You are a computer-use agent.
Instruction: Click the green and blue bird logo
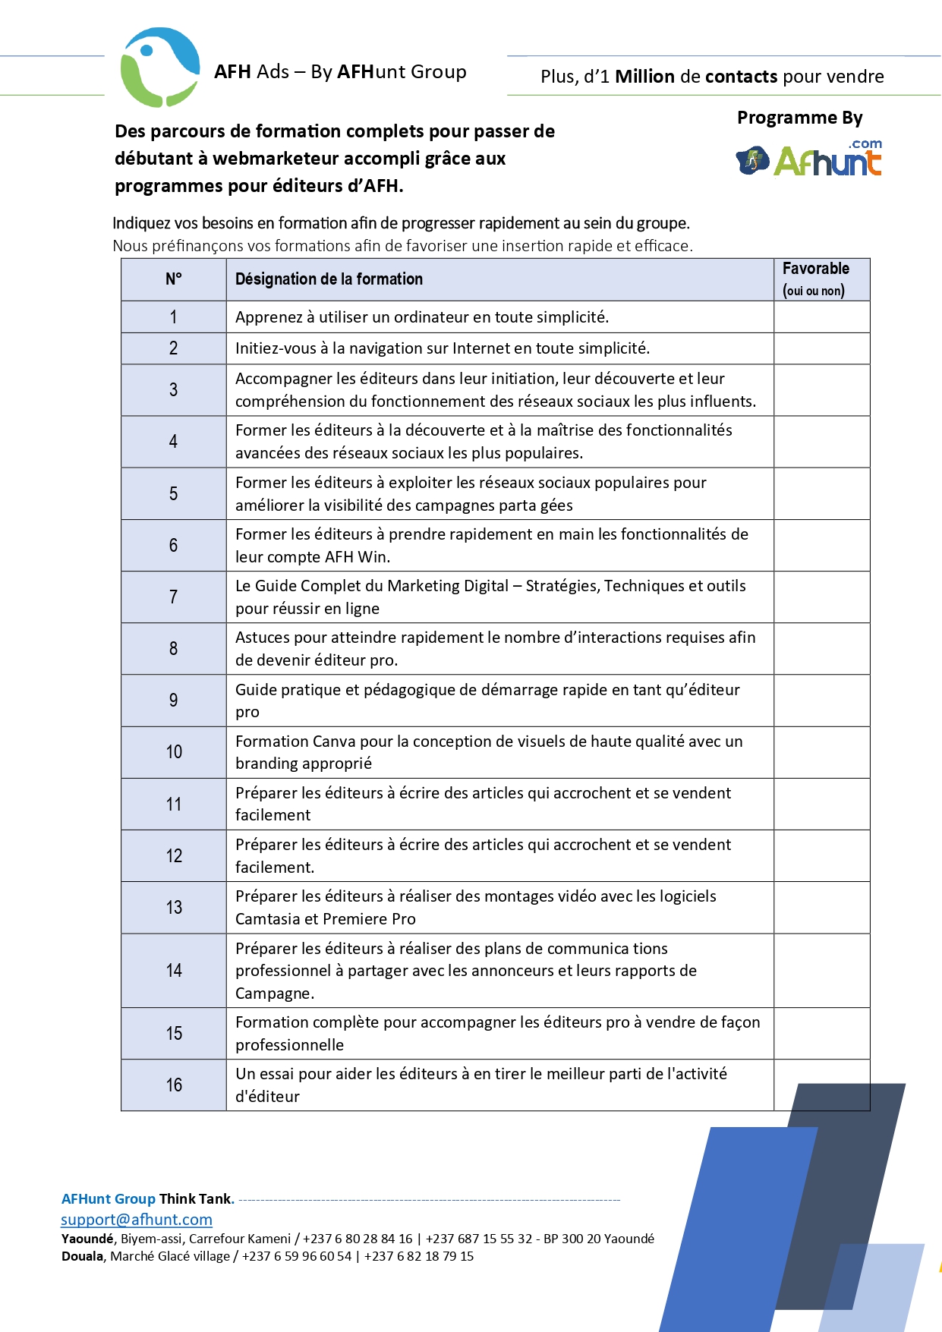159,68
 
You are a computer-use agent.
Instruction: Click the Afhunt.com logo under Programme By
809,159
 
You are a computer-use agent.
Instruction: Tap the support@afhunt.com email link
137,1220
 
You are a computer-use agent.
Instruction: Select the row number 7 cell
173,597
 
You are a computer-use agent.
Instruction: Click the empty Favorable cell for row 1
821,317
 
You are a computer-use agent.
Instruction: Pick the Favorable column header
816,279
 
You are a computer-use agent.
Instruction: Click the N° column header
173,279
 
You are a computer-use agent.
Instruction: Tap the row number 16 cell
174,1085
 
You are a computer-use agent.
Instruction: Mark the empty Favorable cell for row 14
821,971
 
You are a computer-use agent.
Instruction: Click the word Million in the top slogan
644,77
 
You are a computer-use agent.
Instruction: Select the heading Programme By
799,118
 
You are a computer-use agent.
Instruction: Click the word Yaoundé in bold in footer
87,1239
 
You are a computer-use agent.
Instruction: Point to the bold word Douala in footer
83,1256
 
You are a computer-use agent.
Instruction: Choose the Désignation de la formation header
329,279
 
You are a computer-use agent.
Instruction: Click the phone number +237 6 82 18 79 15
419,1256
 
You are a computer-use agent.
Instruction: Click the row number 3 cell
173,390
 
